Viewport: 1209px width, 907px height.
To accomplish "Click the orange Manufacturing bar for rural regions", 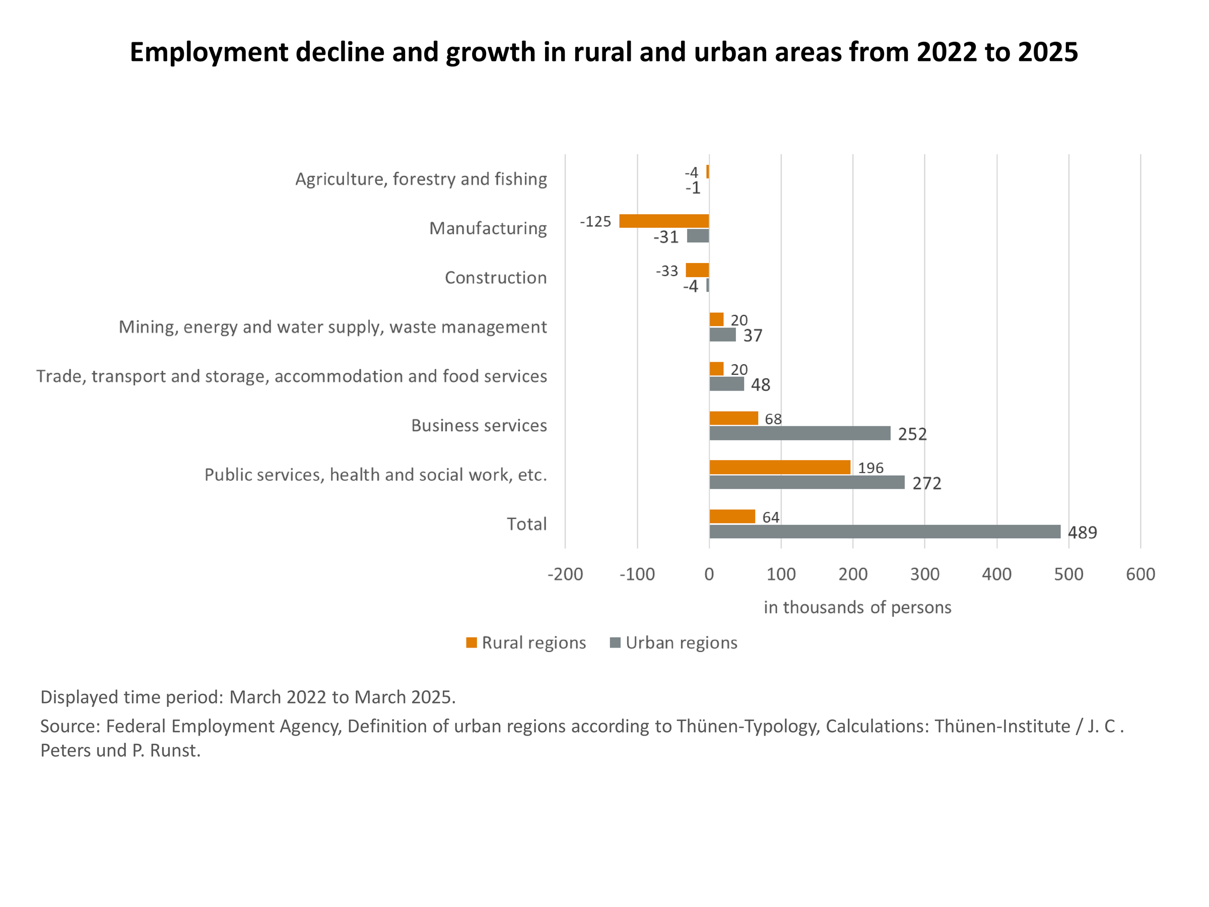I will tap(663, 221).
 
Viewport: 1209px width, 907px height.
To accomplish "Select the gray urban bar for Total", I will tap(885, 532).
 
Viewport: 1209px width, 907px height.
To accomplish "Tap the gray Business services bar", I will tap(799, 433).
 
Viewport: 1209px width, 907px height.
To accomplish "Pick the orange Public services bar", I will tap(779, 467).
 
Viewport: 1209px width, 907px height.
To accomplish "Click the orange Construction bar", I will tap(697, 270).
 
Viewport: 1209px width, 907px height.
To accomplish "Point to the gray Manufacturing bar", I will tap(698, 236).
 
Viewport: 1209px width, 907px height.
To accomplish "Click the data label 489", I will tap(1082, 533).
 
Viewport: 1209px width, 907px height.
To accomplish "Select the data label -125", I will tap(595, 221).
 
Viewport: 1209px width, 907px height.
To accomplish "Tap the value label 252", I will tap(912, 434).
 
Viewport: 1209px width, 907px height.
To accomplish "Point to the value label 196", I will tap(870, 468).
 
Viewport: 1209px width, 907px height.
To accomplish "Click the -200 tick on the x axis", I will tap(565, 574).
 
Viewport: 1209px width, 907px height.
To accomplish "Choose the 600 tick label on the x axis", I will tap(1140, 574).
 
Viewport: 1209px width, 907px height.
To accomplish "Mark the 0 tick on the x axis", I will tap(709, 574).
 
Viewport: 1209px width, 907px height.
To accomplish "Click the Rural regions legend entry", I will tap(526, 642).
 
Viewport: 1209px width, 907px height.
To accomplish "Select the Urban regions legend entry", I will tap(674, 642).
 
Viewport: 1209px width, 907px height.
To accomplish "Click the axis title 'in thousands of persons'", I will tap(857, 607).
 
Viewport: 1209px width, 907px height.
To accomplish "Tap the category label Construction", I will tap(495, 278).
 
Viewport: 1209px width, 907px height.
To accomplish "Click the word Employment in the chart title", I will tap(209, 52).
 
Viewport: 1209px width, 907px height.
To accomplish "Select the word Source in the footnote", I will tap(70, 726).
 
